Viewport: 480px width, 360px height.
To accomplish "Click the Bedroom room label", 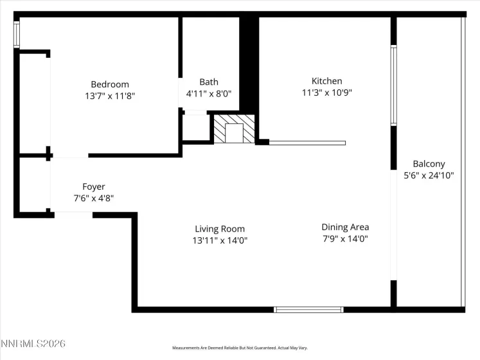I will point(109,84).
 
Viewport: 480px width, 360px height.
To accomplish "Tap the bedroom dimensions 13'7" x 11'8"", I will point(109,96).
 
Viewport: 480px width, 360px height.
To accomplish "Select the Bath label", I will point(208,82).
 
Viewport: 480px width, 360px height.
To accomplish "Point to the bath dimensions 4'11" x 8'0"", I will point(208,93).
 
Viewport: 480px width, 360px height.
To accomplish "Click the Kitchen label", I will point(326,81).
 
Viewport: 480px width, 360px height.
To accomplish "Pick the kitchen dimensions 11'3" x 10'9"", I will point(326,93).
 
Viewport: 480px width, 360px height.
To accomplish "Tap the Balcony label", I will point(429,164).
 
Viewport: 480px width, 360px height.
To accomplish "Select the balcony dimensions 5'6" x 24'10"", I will point(429,175).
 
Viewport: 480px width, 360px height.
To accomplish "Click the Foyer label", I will point(94,187).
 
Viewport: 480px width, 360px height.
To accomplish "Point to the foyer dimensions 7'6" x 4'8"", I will point(94,199).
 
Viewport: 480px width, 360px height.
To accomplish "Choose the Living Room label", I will point(220,229).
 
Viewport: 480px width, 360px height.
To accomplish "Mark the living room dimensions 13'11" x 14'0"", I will point(220,240).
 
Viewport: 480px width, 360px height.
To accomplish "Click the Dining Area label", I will point(345,227).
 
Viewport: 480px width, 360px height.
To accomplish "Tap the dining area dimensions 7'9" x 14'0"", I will point(345,239).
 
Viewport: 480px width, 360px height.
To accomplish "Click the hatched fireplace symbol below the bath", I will point(234,129).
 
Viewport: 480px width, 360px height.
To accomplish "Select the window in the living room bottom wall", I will point(308,309).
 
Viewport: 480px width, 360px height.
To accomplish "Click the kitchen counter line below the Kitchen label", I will point(307,143).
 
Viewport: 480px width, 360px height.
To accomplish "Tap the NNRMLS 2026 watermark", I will point(33,345).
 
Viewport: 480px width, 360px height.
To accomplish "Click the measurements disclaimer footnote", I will point(240,348).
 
